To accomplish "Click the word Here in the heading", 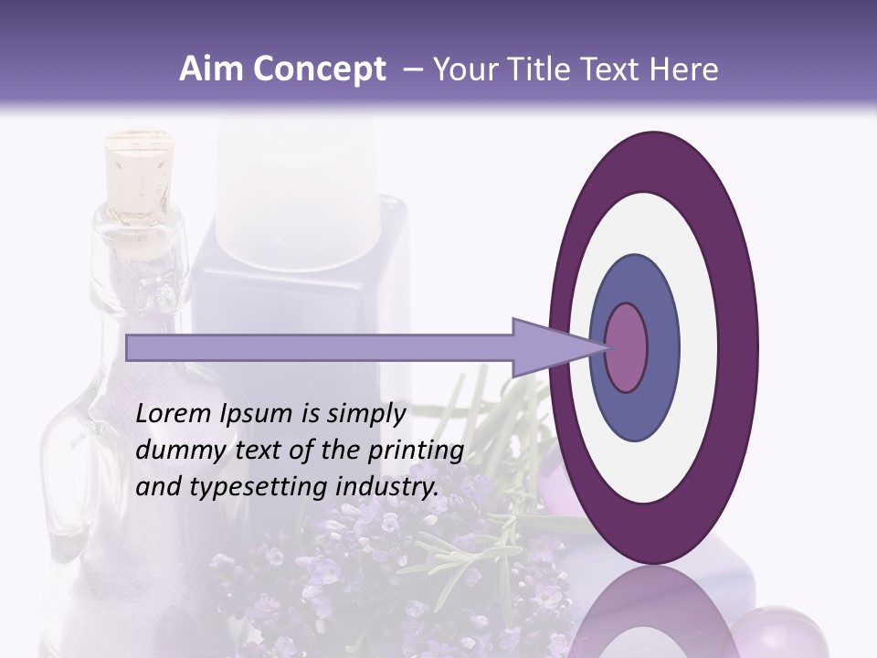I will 685,69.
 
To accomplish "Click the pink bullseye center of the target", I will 627,347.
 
